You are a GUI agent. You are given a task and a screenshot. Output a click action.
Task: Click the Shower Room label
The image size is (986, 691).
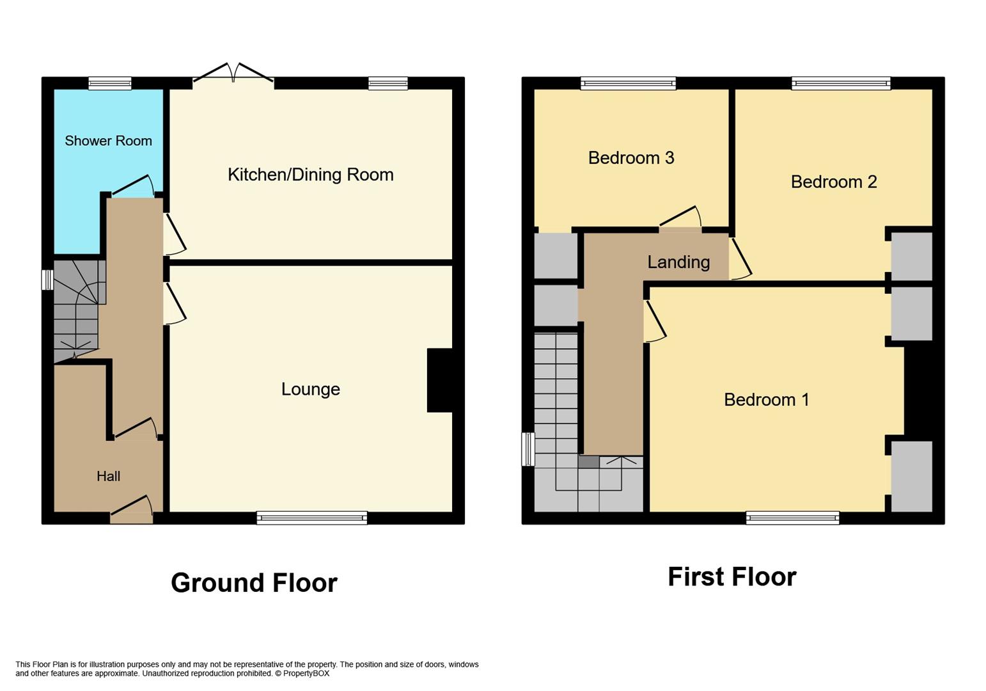[108, 141]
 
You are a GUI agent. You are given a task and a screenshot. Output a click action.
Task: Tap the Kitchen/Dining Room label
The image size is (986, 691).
[310, 175]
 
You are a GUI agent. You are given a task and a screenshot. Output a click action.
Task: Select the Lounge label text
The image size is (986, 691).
[310, 389]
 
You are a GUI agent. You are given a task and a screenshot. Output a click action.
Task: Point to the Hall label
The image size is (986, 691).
[108, 476]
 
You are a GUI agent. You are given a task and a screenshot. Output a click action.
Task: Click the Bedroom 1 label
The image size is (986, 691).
[766, 400]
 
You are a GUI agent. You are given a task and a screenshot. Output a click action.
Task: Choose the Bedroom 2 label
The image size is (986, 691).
[833, 182]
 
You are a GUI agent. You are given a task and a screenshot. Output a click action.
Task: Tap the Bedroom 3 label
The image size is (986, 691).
[630, 158]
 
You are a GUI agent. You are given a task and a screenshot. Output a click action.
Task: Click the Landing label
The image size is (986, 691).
[678, 262]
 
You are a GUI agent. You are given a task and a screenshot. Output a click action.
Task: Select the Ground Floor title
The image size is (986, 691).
[254, 583]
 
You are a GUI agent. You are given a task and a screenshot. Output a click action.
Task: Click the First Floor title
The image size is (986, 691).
[732, 576]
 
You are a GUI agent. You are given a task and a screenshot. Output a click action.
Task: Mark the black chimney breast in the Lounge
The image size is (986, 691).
[440, 380]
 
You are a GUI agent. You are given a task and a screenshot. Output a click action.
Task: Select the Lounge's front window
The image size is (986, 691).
[312, 518]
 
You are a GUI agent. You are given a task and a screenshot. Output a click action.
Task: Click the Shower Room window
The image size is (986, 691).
[110, 83]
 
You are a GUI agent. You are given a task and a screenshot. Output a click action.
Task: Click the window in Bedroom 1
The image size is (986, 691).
[792, 518]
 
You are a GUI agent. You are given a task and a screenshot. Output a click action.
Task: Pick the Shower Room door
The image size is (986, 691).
[133, 187]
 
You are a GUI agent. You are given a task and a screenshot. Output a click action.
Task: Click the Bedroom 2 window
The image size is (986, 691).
[840, 83]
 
